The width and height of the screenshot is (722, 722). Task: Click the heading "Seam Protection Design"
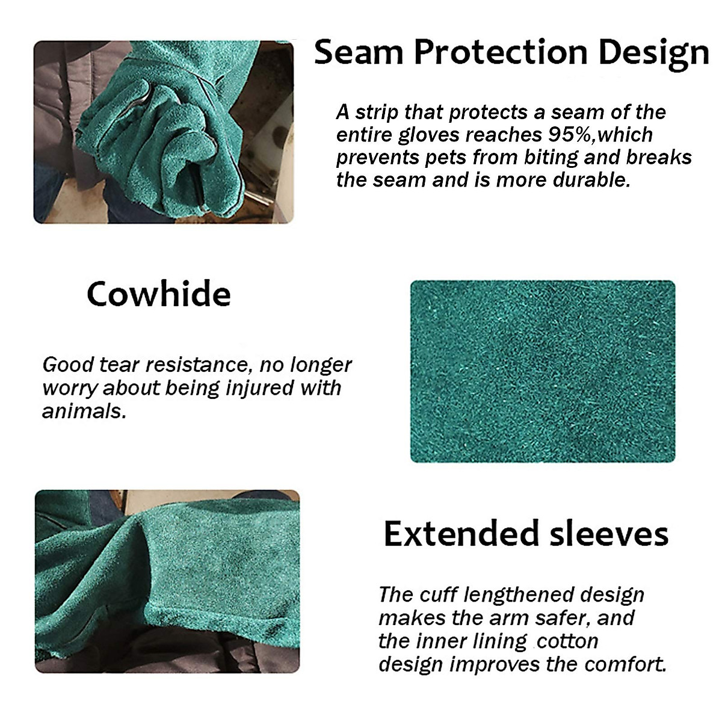coord(511,52)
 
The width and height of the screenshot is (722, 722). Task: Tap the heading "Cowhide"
coord(159,294)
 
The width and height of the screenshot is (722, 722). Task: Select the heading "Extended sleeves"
coord(526,534)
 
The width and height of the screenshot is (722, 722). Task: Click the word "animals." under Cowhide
coord(84,411)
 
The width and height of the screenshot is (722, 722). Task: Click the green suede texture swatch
coord(543,371)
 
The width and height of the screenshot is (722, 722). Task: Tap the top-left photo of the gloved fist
coord(164,132)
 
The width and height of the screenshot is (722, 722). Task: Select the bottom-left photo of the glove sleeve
coord(167,582)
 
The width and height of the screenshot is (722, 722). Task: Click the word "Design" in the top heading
coord(653,52)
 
